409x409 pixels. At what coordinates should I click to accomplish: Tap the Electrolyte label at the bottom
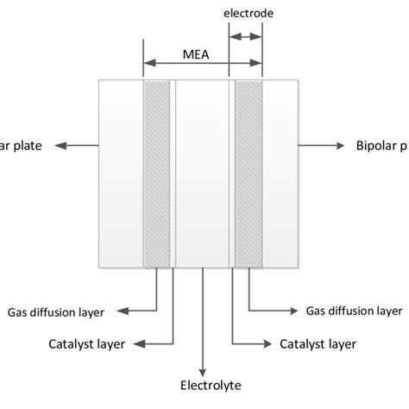205,386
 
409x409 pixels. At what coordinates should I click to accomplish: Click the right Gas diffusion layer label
354,309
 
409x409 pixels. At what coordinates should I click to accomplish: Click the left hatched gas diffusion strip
157,173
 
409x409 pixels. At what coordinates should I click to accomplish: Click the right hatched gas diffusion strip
249,173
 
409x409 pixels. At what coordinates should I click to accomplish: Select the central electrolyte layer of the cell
203,173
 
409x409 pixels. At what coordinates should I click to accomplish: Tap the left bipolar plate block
122,173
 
